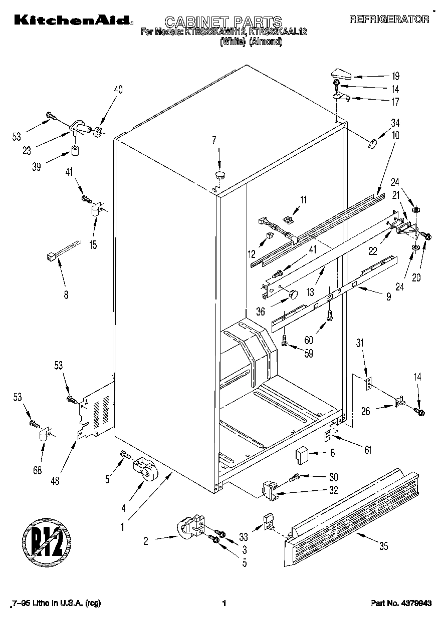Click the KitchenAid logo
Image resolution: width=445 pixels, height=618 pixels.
(x=74, y=20)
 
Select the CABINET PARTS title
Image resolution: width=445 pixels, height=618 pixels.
(x=223, y=22)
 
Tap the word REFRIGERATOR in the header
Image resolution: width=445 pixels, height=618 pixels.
(x=389, y=20)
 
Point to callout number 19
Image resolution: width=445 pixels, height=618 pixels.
(x=395, y=77)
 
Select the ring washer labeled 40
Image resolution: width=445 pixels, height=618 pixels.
(x=99, y=133)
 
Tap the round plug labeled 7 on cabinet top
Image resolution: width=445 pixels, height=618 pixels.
(x=219, y=174)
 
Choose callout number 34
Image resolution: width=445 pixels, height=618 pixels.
(x=395, y=123)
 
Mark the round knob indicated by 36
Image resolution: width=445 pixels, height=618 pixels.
(x=292, y=293)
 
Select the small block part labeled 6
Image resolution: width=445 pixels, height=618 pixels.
(x=302, y=455)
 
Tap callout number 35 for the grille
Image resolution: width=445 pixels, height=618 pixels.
(x=383, y=546)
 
